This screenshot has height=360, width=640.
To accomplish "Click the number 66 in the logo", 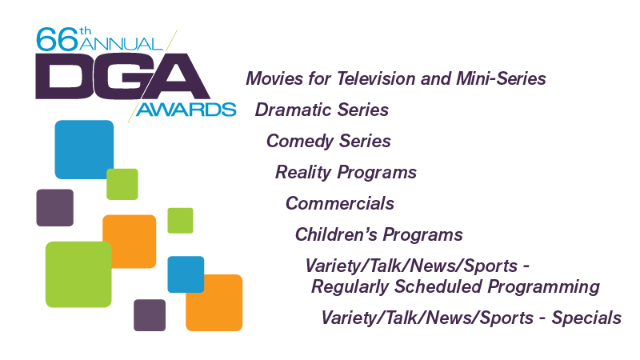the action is (x=57, y=39).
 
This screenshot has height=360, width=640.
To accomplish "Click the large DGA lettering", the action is (x=122, y=76).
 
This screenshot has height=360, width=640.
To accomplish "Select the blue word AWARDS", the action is (x=186, y=110).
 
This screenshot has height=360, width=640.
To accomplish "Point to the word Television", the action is (x=376, y=78).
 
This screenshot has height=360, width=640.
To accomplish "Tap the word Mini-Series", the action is (x=501, y=78).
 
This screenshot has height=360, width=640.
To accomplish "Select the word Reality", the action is (x=303, y=173).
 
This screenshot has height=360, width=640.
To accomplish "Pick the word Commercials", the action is (x=340, y=203).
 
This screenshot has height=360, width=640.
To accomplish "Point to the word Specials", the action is (x=586, y=318).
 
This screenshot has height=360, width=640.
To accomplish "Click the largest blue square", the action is (x=84, y=150).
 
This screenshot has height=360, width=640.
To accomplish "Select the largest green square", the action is (x=78, y=274).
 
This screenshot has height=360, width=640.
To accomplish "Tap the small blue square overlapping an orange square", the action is (x=186, y=274).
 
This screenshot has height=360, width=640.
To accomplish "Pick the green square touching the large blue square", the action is (x=122, y=184).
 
